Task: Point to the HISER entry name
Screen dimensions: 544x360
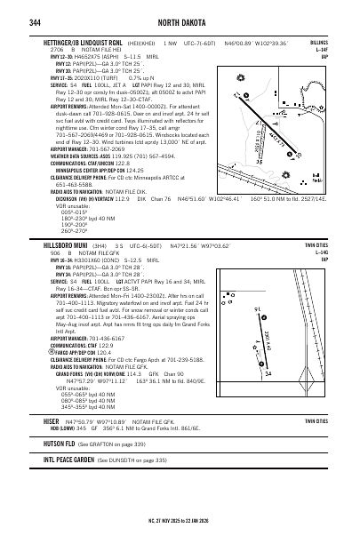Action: click(51, 418)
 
